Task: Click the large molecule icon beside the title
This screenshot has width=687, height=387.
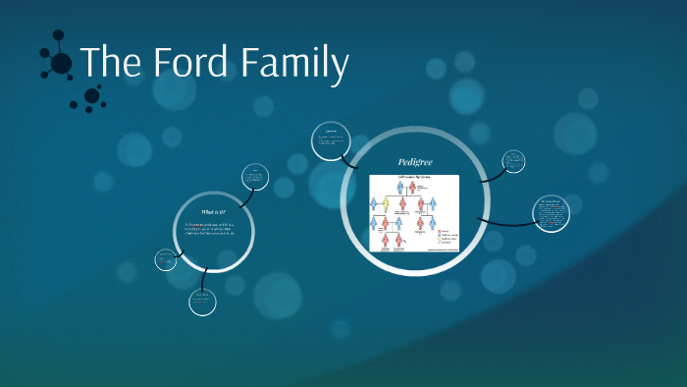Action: (60, 63)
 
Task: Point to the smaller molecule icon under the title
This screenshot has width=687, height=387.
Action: (91, 97)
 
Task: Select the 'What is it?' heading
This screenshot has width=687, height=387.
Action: (214, 211)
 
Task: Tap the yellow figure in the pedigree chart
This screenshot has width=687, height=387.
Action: (386, 205)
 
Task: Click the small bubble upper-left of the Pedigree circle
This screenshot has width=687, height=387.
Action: (330, 141)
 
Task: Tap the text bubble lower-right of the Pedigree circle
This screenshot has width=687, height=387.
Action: (550, 214)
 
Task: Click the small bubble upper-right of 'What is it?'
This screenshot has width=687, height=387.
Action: (256, 177)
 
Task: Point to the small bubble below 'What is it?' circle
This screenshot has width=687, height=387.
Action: (202, 302)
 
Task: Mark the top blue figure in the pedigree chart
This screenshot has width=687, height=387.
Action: (401, 188)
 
